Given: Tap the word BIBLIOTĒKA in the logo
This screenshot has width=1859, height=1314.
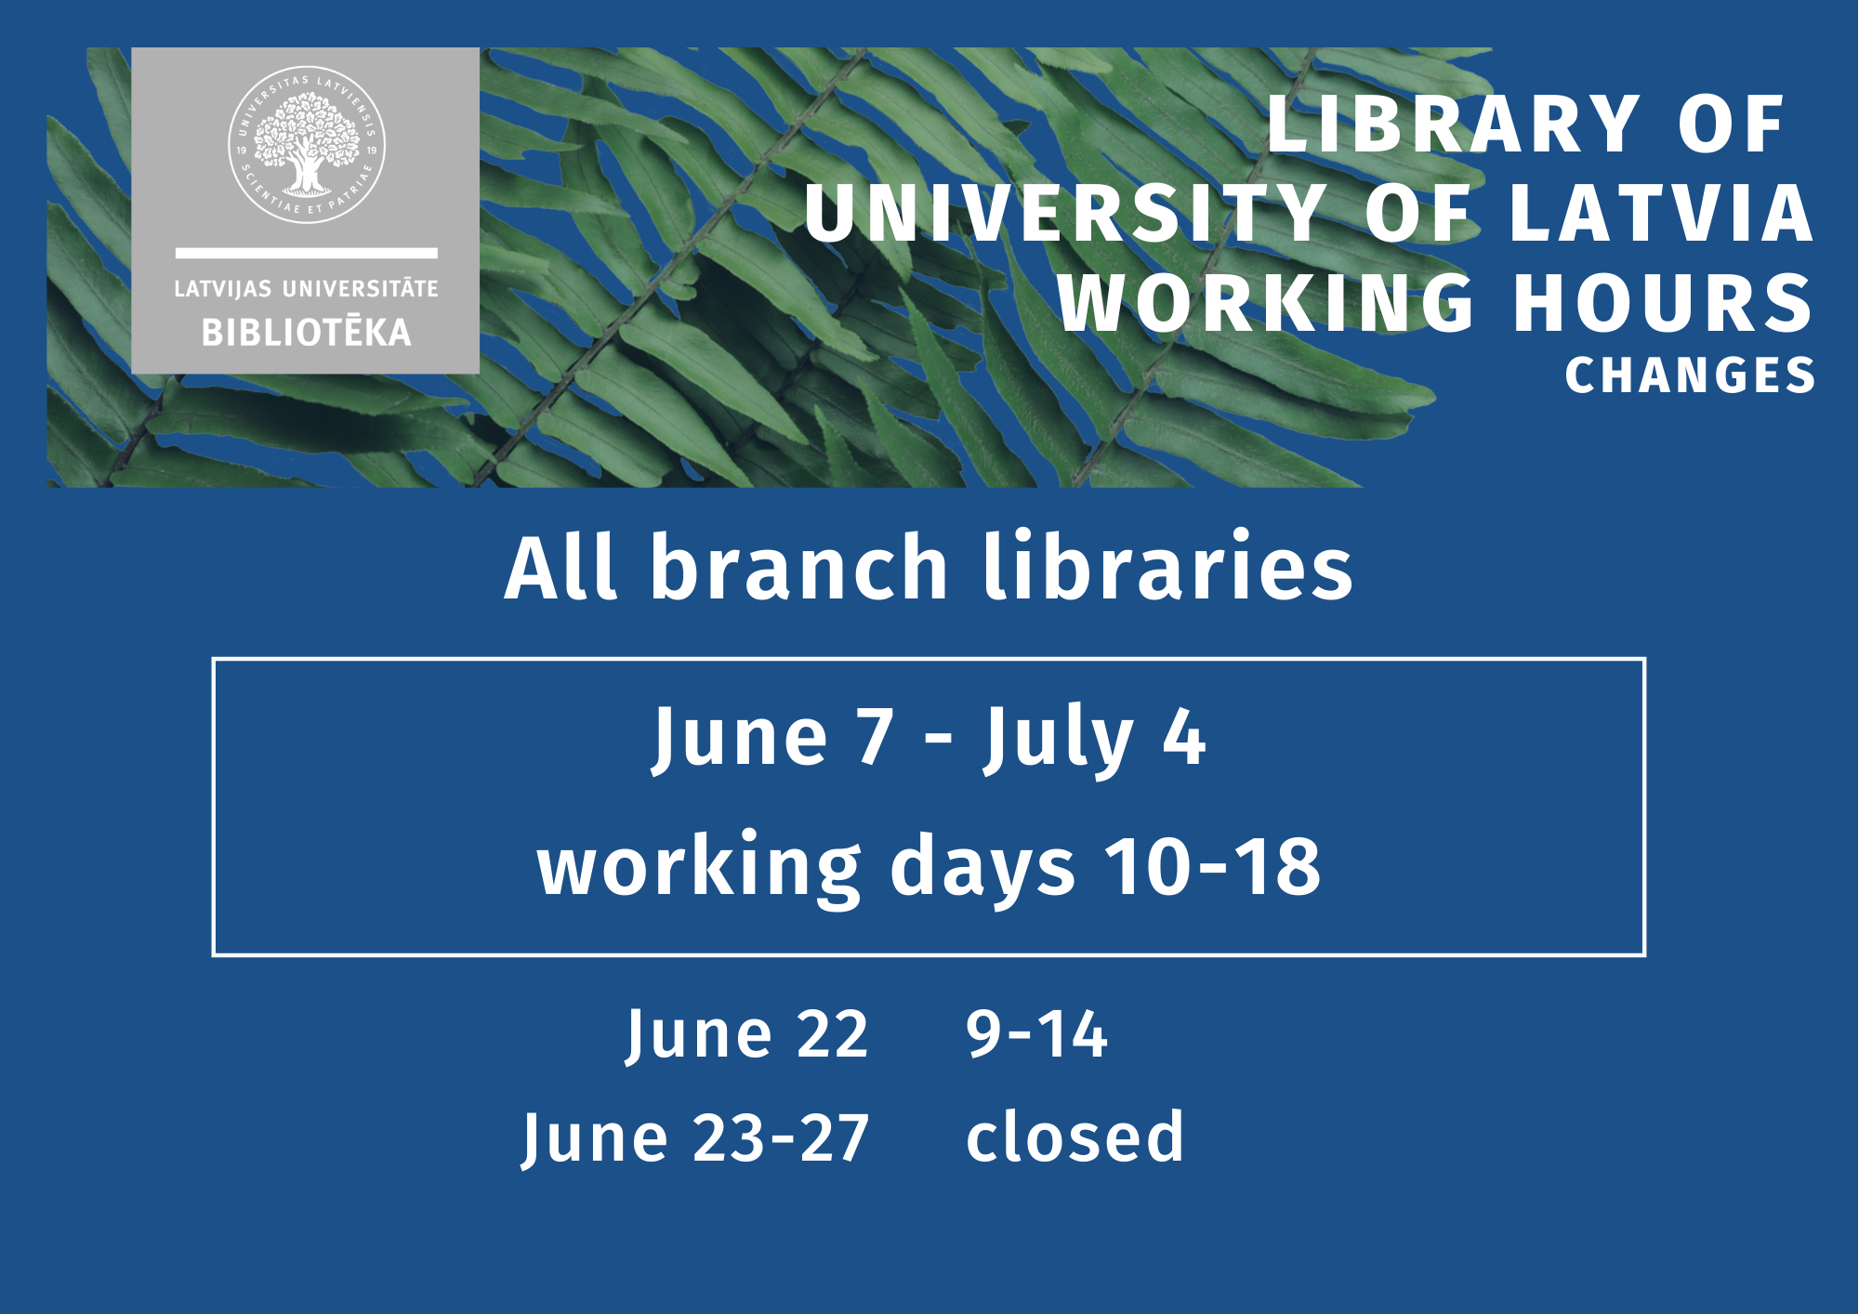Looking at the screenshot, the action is pyautogui.click(x=307, y=332).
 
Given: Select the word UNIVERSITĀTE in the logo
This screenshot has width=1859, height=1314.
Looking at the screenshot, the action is pyautogui.click(x=361, y=289).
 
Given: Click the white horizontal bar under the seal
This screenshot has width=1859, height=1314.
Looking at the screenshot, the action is pyautogui.click(x=307, y=253).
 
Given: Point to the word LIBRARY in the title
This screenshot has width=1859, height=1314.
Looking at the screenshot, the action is pyautogui.click(x=1455, y=125).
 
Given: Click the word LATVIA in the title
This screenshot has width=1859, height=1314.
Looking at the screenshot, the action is pyautogui.click(x=1662, y=213).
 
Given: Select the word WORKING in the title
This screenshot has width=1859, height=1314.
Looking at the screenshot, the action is pyautogui.click(x=1266, y=302).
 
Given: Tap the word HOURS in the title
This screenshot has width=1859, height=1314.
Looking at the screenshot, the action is pyautogui.click(x=1664, y=302).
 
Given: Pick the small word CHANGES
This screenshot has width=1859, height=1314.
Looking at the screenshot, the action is pyautogui.click(x=1690, y=375).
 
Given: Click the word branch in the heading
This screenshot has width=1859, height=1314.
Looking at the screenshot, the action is pyautogui.click(x=799, y=567).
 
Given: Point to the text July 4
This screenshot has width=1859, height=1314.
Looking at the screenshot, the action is pyautogui.click(x=1095, y=740).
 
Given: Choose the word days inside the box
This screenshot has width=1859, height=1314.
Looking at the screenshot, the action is pyautogui.click(x=982, y=869).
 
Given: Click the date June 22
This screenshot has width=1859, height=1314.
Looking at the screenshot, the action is pyautogui.click(x=747, y=1034).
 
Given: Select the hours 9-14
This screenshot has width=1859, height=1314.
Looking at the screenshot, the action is pyautogui.click(x=1037, y=1033).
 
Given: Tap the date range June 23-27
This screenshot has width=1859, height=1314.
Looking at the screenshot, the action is pyautogui.click(x=695, y=1138).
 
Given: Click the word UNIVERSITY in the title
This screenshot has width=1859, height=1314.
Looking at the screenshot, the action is pyautogui.click(x=1065, y=213).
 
